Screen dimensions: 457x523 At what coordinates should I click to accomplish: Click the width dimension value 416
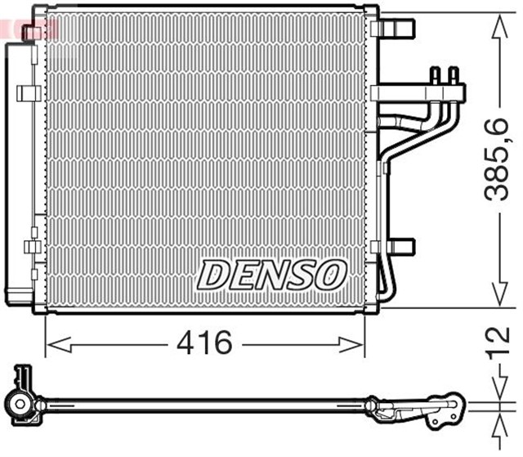point(204,344)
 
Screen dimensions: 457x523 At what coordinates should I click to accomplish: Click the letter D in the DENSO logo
point(215,275)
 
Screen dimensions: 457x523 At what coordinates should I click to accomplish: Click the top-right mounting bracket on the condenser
point(396,28)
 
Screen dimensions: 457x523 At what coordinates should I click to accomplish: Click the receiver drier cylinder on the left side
point(18,172)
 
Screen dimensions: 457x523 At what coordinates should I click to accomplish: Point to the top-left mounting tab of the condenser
point(33,32)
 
